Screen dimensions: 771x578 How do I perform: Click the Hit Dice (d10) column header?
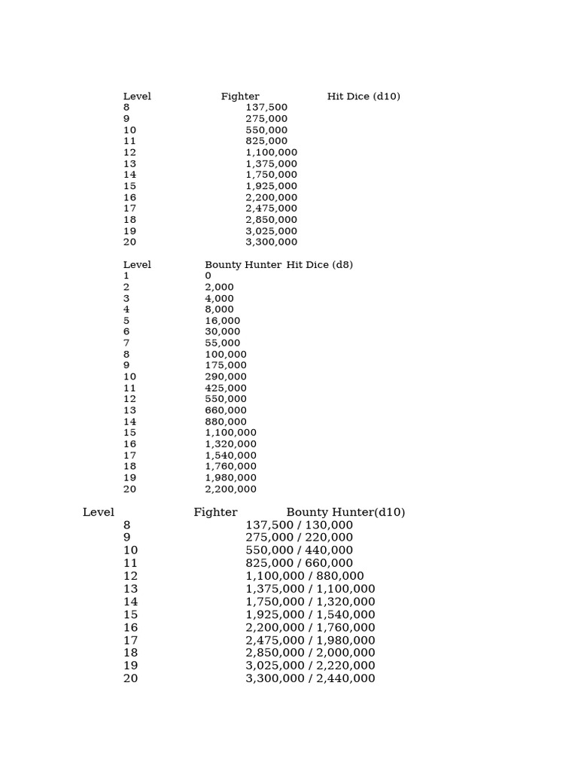click(364, 96)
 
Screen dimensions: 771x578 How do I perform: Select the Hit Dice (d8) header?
click(319, 265)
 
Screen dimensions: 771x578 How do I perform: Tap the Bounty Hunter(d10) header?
click(345, 513)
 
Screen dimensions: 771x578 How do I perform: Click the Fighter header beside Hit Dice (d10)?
click(240, 96)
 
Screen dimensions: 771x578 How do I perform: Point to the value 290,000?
click(226, 376)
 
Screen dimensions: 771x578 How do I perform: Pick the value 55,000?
click(223, 343)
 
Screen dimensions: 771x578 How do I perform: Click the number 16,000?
click(223, 321)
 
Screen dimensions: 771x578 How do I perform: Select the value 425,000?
click(226, 388)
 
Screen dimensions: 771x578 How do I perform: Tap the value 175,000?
click(226, 365)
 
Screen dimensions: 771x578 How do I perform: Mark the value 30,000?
click(223, 331)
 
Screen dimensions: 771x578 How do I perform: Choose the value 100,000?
click(226, 354)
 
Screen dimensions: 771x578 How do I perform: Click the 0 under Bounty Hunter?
click(208, 276)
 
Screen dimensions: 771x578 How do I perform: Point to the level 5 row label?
click(126, 321)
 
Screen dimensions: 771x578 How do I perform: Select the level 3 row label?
click(126, 298)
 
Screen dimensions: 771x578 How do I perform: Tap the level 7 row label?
click(126, 343)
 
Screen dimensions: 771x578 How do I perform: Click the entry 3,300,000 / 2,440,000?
click(310, 678)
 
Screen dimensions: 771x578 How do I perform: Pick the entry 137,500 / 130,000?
click(300, 525)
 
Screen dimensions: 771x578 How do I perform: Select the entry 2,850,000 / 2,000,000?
click(310, 653)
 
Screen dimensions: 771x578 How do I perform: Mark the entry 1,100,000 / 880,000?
click(305, 576)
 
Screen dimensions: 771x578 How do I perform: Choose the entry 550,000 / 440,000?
click(300, 550)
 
